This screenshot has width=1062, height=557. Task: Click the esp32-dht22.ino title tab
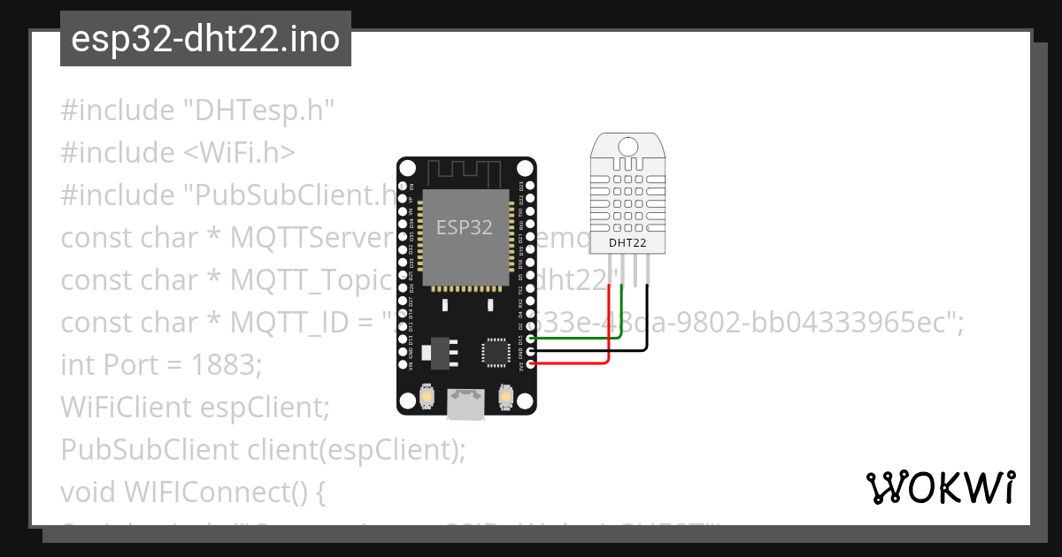pos(205,39)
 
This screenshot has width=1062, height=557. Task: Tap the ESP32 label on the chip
pos(464,227)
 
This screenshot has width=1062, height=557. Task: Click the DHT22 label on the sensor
pos(627,241)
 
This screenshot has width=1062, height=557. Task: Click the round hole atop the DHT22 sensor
pos(628,145)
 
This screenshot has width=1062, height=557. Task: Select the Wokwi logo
pos(941,487)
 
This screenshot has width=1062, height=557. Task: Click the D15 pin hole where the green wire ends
pos(530,339)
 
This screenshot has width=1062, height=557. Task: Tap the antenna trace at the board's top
pos(466,171)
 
